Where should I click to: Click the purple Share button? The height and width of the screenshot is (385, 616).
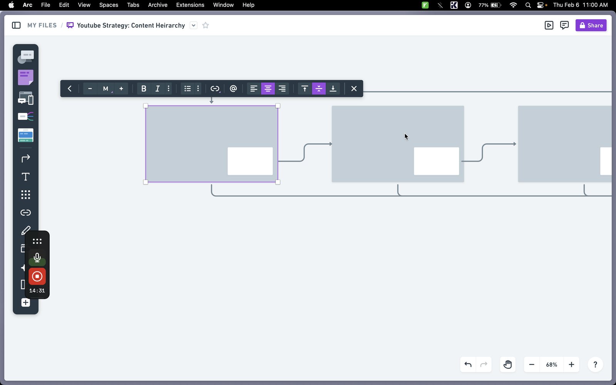point(591,25)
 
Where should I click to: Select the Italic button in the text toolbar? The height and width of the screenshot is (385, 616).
point(157,89)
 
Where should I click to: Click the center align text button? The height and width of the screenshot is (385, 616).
point(268,89)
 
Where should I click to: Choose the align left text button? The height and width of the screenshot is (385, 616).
point(254,89)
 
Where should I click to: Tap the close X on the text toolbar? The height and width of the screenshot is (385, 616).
point(354,89)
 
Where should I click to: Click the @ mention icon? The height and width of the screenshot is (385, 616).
point(233,89)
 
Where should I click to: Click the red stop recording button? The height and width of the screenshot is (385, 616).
point(37,276)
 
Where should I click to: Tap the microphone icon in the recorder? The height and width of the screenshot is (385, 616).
point(37,258)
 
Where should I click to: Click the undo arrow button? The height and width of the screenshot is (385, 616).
point(468,364)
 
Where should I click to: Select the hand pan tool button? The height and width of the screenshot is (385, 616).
point(507,364)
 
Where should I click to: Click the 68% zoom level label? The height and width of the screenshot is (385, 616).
point(551,365)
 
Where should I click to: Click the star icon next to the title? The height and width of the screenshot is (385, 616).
point(206,25)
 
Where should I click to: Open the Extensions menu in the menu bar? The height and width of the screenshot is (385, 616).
point(190,5)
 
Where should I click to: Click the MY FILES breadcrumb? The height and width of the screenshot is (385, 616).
point(42,25)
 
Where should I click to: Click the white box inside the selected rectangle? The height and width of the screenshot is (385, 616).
point(250,161)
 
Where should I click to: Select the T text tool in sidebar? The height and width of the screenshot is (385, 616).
point(25,177)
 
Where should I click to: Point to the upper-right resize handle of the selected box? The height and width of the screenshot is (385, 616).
point(278,105)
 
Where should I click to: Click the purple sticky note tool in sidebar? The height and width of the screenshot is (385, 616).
point(25,77)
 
